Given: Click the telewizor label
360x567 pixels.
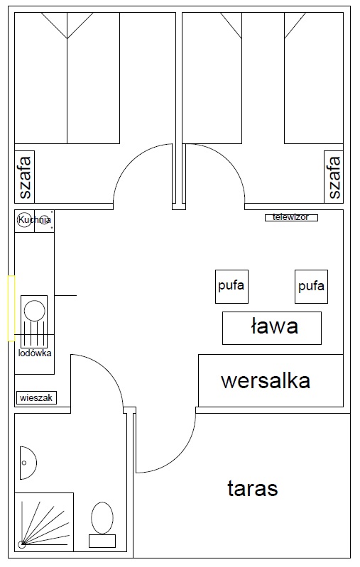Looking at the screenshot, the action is (x=291, y=217).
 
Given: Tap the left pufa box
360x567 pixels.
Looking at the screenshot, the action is (x=231, y=287).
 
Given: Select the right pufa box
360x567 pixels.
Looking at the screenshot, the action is (x=311, y=287).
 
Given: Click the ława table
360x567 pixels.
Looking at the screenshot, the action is (x=272, y=328).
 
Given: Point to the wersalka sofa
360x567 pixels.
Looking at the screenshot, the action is (x=271, y=381).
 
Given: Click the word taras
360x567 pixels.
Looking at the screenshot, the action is (x=253, y=488).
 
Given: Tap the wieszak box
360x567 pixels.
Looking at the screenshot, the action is (x=36, y=398).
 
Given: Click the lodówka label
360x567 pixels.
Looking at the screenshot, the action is (x=35, y=353).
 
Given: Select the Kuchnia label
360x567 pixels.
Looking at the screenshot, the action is (x=34, y=219).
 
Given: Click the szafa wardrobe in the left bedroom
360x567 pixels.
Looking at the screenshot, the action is (x=25, y=177).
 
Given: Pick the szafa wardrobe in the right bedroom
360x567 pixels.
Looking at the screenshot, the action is (x=334, y=177).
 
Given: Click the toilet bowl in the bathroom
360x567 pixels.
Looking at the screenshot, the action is (x=102, y=518).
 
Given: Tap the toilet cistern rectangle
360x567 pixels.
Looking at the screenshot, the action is (x=102, y=541).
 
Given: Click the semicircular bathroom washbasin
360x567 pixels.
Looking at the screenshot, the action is (x=28, y=463).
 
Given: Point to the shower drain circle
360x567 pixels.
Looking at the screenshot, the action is (x=22, y=544).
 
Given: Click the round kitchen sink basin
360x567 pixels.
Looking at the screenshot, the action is (x=34, y=311).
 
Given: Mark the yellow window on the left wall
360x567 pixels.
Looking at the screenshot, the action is (x=11, y=308).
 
